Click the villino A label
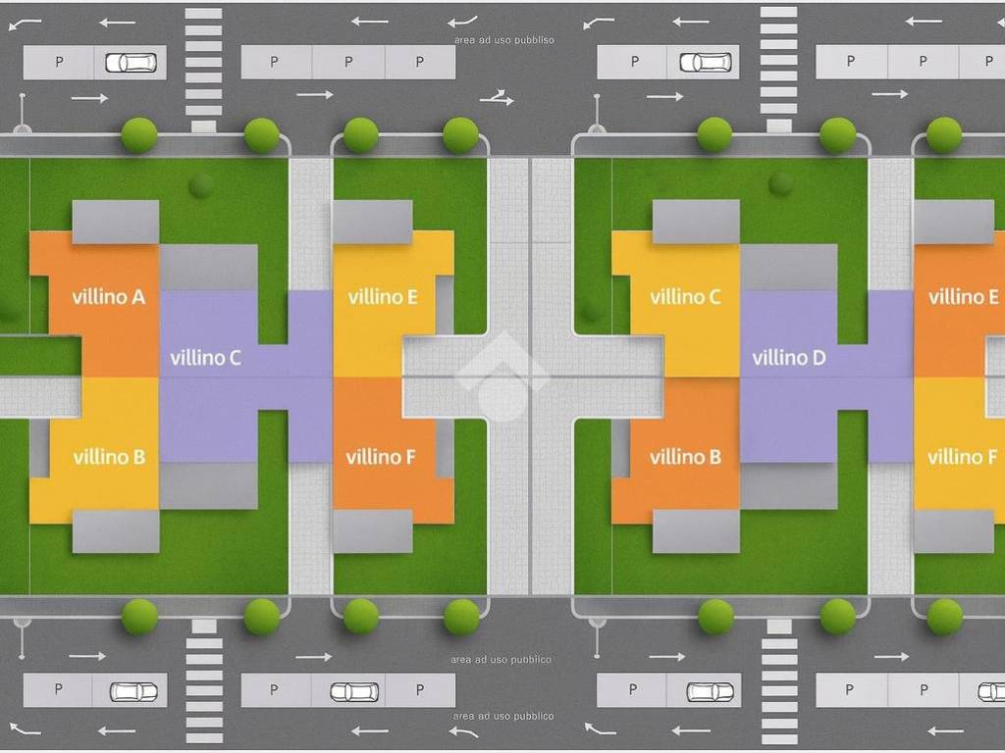[109, 296]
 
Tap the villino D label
[789, 358]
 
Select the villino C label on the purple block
[205, 358]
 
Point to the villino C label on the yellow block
[686, 296]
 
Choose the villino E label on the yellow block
[383, 296]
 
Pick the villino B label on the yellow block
[109, 457]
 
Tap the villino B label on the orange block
[685, 457]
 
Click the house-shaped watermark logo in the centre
[502, 376]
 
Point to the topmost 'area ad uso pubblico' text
[504, 40]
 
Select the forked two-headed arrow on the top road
[498, 97]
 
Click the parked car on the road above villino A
[131, 63]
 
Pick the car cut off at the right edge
[990, 691]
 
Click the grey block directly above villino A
[116, 222]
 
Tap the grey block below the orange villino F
[373, 531]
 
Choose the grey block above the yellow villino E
[373, 222]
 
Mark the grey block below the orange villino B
[696, 531]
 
